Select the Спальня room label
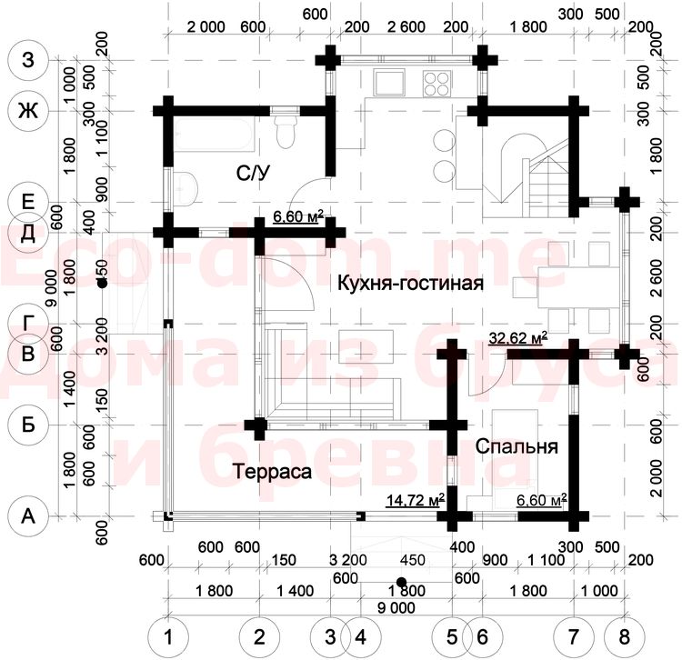click(517, 448)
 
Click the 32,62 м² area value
click(517, 338)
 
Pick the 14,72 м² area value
click(416, 499)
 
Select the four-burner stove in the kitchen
click(435, 84)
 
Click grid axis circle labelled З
click(27, 61)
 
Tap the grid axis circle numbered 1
click(167, 633)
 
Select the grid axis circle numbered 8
click(625, 633)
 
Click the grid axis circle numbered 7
click(574, 633)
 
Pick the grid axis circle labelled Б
click(27, 424)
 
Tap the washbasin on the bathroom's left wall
click(186, 188)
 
